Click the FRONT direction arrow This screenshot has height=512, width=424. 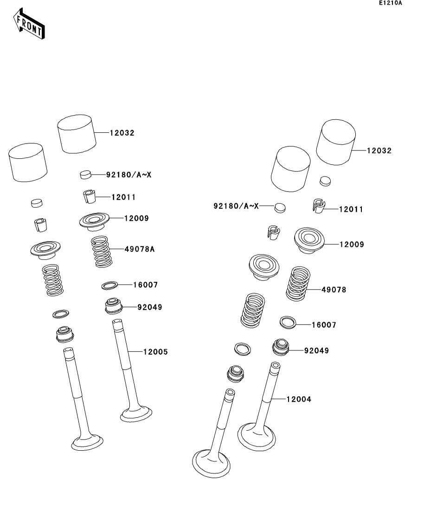pos(29,24)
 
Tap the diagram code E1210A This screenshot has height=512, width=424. pos(391,3)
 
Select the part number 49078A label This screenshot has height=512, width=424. pos(139,249)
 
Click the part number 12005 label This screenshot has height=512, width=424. pos(155,352)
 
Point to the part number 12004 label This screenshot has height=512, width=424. pos(299,399)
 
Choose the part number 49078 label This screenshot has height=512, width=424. pos(334,290)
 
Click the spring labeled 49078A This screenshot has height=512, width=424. pos(101,252)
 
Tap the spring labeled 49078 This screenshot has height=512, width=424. pos(298,284)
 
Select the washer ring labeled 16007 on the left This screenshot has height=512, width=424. pos(109,285)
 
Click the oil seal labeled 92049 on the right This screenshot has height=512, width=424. pos(280,347)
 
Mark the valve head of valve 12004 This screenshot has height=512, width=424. pos(257,437)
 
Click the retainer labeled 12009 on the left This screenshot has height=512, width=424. pos(94,221)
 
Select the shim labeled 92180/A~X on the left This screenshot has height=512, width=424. pos(85,175)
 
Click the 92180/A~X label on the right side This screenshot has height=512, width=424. pos(236,206)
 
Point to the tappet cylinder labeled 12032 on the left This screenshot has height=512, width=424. pos(77,134)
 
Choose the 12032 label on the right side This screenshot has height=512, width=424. pos(379,150)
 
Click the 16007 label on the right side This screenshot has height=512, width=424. pos(324,325)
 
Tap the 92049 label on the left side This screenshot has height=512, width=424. pos(149,307)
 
